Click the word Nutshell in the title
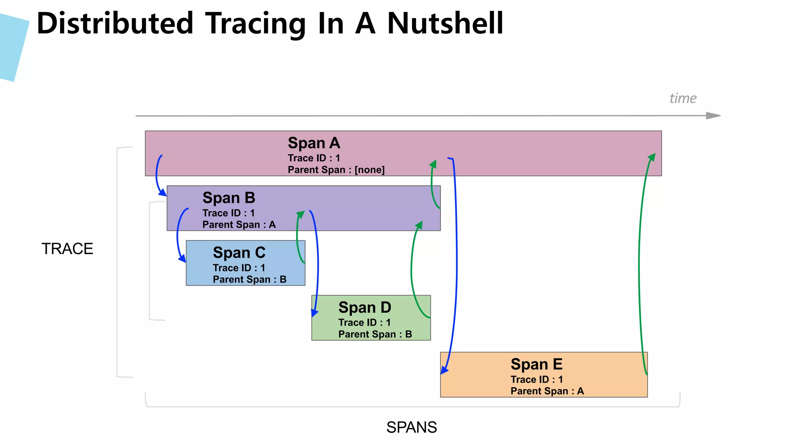445,23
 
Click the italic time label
683,98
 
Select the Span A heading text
314,143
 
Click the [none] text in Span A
369,170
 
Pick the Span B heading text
229,198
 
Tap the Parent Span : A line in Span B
239,225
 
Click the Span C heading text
239,253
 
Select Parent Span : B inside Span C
249,279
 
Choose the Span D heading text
364,307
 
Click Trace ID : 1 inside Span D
364,322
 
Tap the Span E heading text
536,364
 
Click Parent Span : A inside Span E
547,391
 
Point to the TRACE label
67,249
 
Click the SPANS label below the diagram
411,427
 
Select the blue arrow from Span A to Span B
157,175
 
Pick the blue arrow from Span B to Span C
178,235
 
